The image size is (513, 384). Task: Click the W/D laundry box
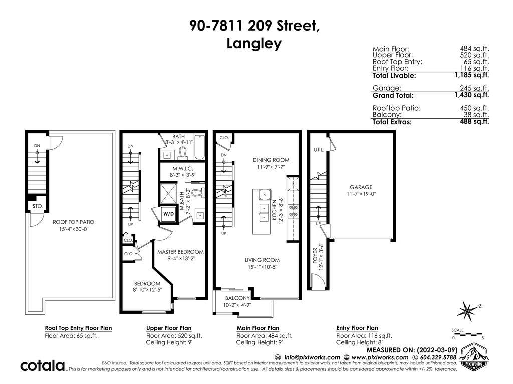[x=169, y=214]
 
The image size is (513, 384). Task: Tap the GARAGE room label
[x=361, y=187]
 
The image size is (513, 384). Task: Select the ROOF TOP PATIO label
[x=73, y=222]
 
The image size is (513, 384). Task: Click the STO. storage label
[x=38, y=206]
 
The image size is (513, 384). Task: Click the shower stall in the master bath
[x=168, y=194]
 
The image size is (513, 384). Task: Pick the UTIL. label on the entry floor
[x=319, y=150]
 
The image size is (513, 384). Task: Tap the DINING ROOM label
[x=271, y=160]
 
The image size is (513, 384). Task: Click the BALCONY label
[x=237, y=298]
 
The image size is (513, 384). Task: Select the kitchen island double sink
[x=264, y=212]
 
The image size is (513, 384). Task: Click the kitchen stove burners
[x=293, y=211]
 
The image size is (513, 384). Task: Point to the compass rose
[x=468, y=310]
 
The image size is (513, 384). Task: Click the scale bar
[x=467, y=334]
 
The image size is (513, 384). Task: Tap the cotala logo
[x=43, y=366]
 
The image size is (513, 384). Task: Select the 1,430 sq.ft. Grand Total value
[x=472, y=95]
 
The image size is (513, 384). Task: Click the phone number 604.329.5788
[x=437, y=357]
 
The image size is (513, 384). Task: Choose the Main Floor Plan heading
[x=258, y=328]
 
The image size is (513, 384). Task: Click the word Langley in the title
[x=254, y=44]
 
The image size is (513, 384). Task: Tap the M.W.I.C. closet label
[x=182, y=169]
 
